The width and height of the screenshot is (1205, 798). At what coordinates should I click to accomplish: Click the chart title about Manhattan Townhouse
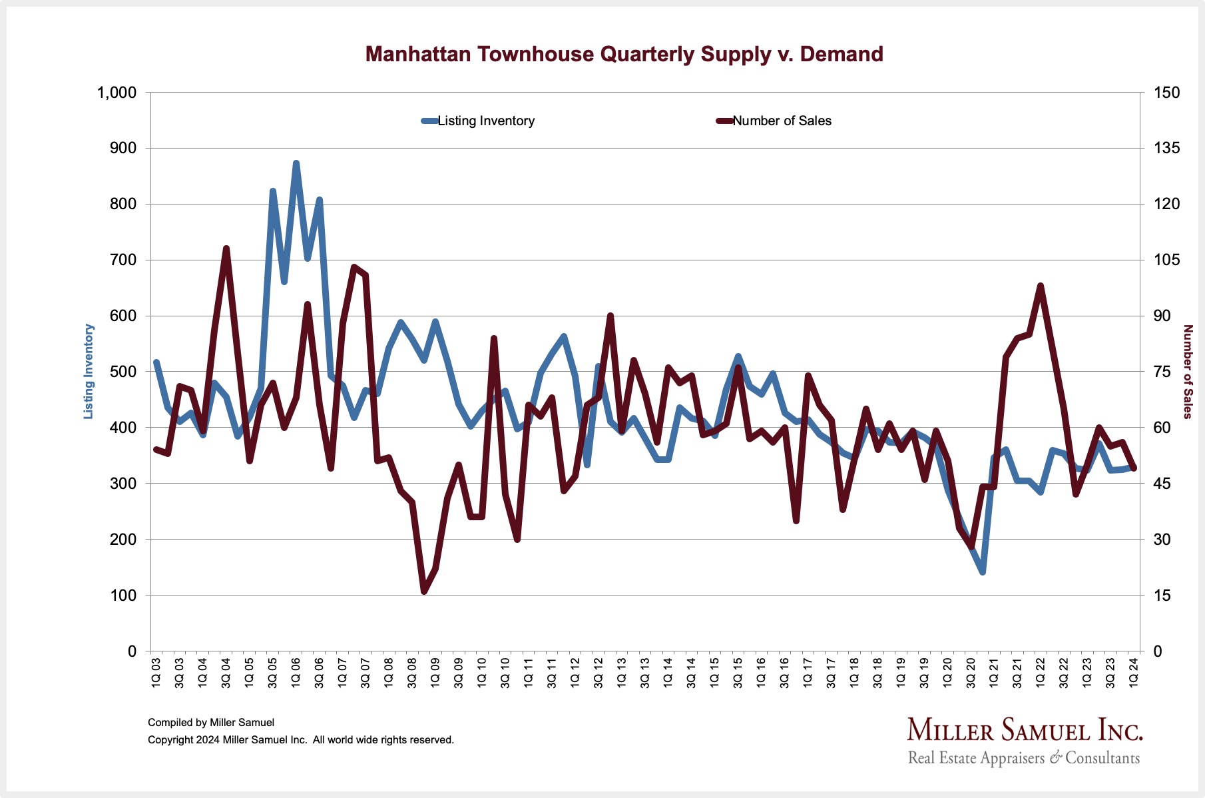(624, 54)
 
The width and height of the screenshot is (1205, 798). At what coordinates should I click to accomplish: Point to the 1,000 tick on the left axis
(117, 93)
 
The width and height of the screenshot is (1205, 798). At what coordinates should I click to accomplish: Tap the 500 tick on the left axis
(123, 372)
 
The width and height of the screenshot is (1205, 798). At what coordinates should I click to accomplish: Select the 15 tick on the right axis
(1162, 596)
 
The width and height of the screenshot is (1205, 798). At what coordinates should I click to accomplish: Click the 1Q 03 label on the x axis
(156, 673)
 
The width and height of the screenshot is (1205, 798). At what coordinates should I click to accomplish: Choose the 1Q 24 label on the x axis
(1133, 673)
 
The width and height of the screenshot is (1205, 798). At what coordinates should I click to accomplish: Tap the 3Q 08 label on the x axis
(412, 673)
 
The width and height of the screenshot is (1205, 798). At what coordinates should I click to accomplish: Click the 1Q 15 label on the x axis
(714, 673)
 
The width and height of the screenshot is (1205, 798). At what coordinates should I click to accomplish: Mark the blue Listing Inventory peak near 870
(296, 163)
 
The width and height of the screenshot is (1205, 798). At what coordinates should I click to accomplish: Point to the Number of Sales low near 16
(424, 591)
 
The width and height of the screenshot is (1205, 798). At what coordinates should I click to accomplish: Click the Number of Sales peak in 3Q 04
(226, 248)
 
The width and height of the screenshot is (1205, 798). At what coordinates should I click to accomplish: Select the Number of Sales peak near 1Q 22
(1040, 286)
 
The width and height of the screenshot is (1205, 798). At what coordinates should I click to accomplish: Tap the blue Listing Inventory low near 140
(982, 572)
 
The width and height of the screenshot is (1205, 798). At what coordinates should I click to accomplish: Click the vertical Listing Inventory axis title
(89, 372)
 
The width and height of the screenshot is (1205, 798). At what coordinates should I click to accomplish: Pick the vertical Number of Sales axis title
(1187, 372)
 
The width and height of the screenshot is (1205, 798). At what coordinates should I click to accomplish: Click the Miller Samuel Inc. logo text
(1025, 731)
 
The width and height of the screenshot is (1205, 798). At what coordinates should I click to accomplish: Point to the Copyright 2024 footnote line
(300, 739)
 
